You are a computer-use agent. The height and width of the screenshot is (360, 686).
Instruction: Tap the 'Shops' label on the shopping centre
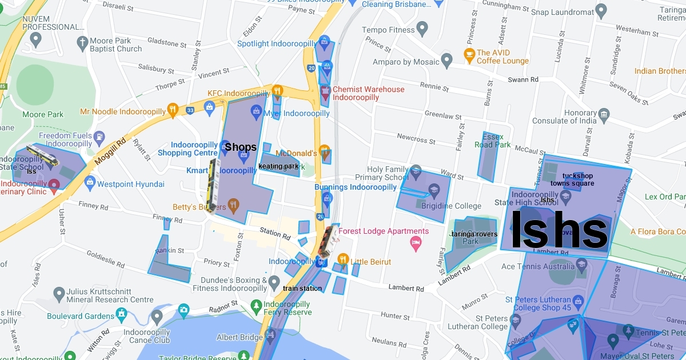click(241, 147)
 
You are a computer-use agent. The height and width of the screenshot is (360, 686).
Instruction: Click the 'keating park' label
click(278, 166)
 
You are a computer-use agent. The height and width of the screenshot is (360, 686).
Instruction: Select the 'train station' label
click(302, 289)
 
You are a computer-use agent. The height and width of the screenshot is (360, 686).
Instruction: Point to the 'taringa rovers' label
click(474, 234)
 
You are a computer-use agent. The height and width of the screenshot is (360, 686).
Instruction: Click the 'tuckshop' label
click(577, 176)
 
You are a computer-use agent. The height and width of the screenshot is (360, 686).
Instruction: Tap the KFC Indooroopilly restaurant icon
click(277, 90)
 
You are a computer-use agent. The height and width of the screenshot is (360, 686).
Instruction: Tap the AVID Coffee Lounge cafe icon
click(469, 55)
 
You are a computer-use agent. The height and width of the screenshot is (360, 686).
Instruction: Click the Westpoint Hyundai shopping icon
click(89, 182)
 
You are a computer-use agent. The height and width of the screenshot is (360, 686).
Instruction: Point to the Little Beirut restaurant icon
click(342, 258)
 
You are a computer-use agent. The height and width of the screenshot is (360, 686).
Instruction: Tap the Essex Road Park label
click(493, 141)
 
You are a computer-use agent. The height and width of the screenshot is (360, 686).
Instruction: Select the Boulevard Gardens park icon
click(121, 314)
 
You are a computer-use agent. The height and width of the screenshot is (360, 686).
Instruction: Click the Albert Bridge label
click(240, 337)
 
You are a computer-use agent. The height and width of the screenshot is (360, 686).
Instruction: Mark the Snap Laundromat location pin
click(601, 10)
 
